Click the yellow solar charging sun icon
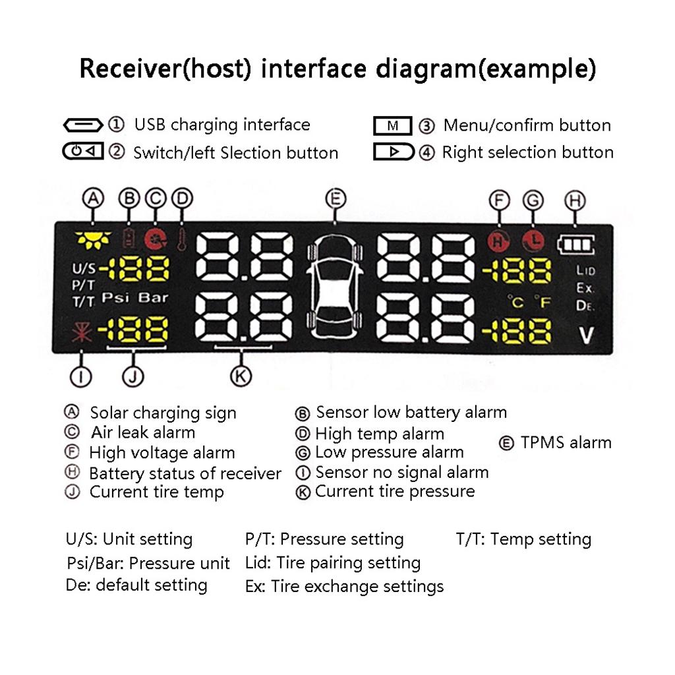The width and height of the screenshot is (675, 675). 90,239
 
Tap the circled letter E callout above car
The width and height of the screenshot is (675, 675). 336,198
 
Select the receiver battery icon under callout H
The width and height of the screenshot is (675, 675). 575,245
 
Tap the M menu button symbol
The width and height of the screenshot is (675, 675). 392,126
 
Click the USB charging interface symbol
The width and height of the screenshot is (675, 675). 83,125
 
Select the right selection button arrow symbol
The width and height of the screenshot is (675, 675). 394,152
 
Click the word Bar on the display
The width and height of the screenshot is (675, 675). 153,297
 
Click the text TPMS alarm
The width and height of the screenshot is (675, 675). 566,442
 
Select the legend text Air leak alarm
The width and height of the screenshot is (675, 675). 142,433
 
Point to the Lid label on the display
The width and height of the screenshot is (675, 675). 585,270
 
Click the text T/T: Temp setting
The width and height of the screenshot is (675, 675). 523,539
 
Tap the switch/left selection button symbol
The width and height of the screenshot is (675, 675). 83,152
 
